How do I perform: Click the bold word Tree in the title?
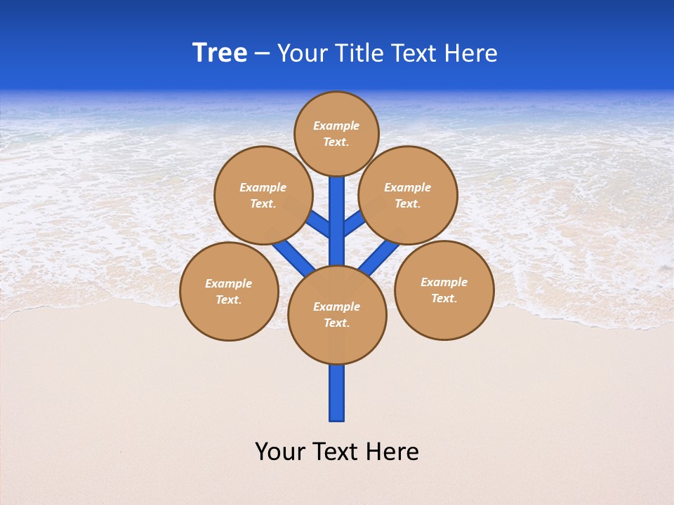click(220, 53)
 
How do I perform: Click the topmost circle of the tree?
click(336, 133)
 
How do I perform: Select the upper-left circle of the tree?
click(263, 195)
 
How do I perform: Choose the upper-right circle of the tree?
click(408, 195)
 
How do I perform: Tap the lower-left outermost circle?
click(229, 291)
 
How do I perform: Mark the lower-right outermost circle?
click(444, 290)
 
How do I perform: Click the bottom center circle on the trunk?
click(337, 315)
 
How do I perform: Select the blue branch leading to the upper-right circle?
click(355, 223)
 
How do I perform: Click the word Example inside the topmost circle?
click(336, 126)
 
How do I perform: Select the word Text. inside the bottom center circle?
click(336, 323)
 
